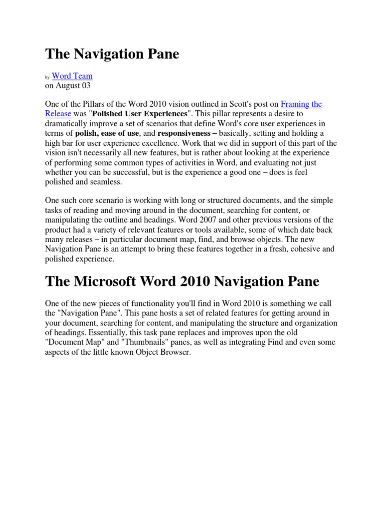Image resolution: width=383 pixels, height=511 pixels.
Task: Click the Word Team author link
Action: pyautogui.click(x=72, y=76)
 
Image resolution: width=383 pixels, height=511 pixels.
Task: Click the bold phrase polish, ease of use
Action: pyautogui.click(x=107, y=133)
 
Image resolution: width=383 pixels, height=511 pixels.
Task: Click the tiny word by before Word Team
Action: pyautogui.click(x=47, y=77)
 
